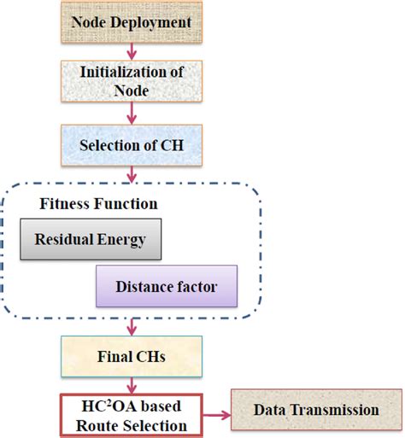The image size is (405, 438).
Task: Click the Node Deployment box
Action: (x=132, y=21)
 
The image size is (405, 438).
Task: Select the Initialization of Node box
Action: (x=132, y=82)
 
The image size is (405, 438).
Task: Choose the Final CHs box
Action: (x=132, y=356)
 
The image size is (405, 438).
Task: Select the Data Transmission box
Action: (x=315, y=411)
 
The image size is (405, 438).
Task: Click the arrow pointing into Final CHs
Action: (x=132, y=328)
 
